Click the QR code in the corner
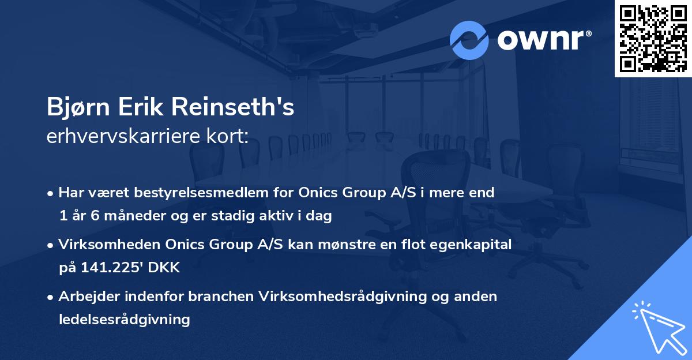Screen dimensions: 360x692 (x=653, y=39)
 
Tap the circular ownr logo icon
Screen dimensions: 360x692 (x=469, y=40)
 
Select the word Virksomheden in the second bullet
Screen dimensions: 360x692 (x=99, y=245)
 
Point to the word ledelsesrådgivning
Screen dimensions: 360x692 (x=124, y=319)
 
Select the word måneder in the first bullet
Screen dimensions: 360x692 (x=133, y=215)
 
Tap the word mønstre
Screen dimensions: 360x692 (x=341, y=245)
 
